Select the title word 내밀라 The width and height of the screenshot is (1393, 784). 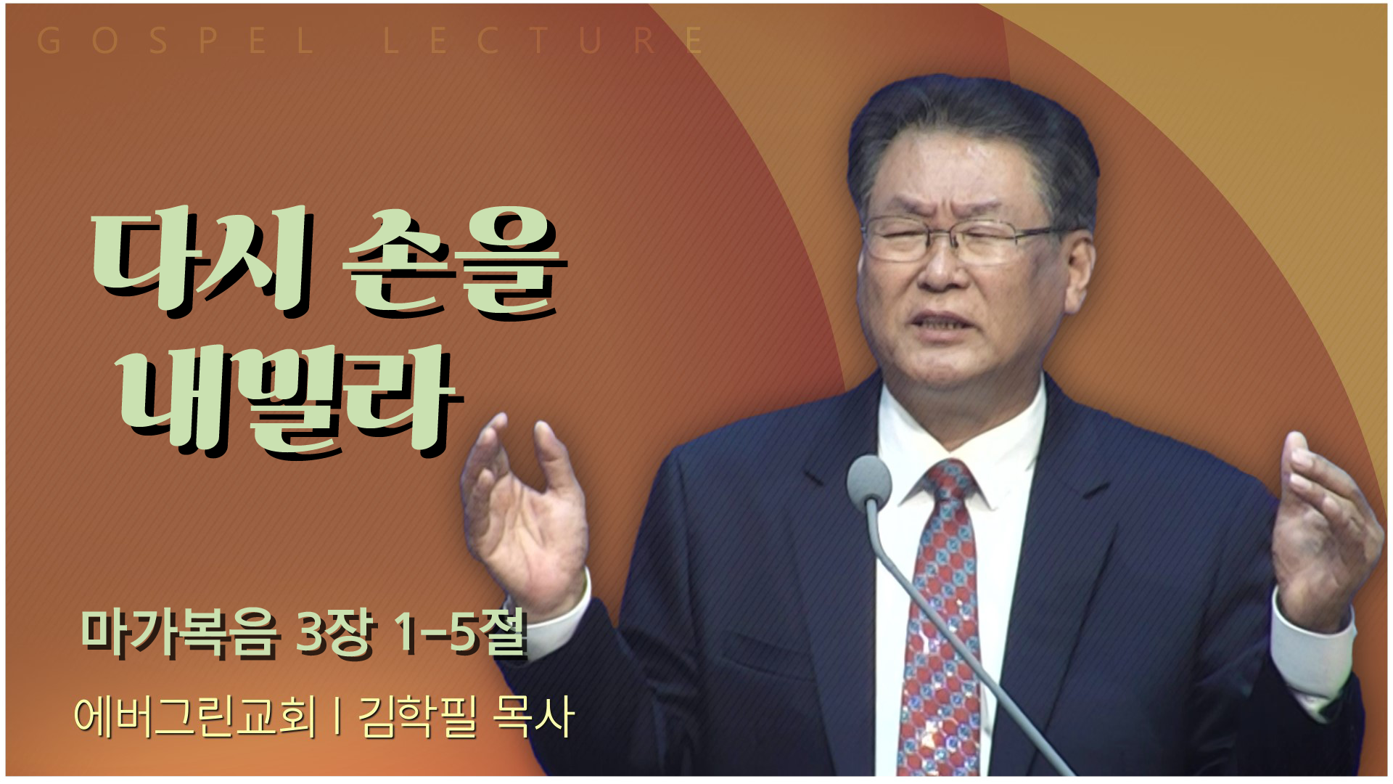(x=290, y=401)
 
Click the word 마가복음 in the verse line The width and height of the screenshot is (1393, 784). (x=179, y=633)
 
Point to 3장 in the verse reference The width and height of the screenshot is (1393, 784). (x=336, y=633)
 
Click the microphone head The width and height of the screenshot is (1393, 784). (x=868, y=481)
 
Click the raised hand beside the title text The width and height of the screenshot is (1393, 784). (x=525, y=512)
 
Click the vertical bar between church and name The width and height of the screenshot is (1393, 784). (x=337, y=716)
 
